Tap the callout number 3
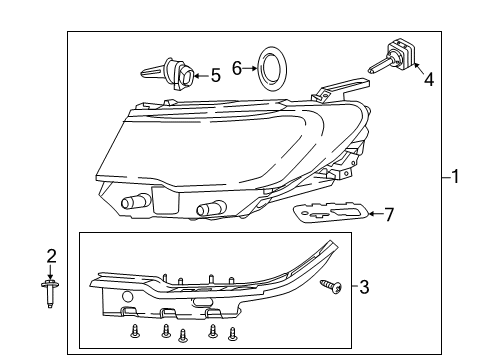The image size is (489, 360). [363, 288]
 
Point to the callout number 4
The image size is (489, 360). [428, 79]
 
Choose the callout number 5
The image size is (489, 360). [214, 74]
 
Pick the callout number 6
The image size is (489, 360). [237, 68]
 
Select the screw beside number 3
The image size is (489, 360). [331, 287]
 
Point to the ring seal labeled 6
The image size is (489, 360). [271, 68]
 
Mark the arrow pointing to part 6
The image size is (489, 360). [250, 68]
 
